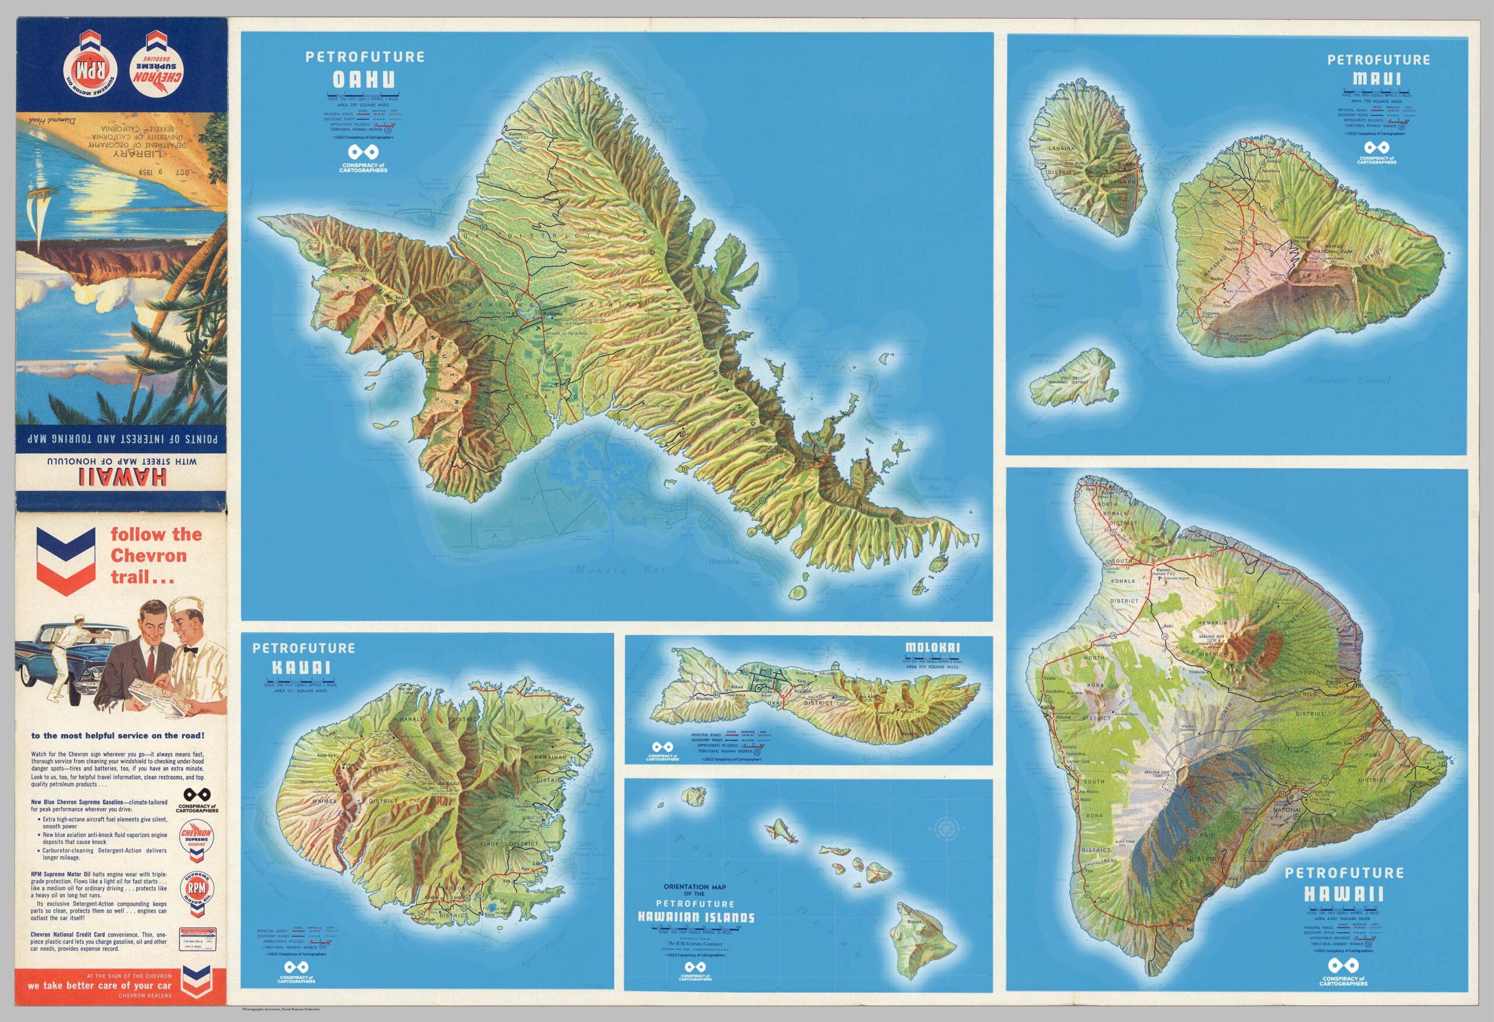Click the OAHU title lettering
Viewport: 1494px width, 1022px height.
[x=363, y=80]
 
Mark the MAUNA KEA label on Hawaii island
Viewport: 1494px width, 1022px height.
[x=1210, y=637]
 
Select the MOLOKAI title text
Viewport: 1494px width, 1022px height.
[x=932, y=647]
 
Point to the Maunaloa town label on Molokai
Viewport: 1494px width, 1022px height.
[x=704, y=698]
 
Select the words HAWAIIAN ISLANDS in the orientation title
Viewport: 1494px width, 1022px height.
[x=696, y=917]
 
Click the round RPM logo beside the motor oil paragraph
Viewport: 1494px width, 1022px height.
[x=196, y=889]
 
